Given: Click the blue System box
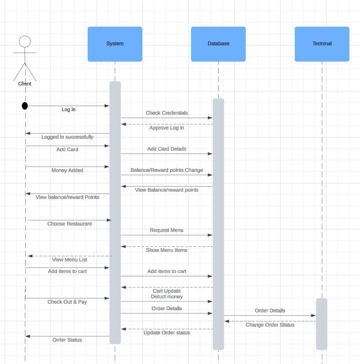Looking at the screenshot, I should pyautogui.click(x=115, y=44).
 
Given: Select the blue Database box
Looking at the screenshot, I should pyautogui.click(x=218, y=44).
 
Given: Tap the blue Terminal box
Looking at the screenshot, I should pyautogui.click(x=322, y=44).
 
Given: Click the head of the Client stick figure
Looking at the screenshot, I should pyautogui.click(x=25, y=42).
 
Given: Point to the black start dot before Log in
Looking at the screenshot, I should pyautogui.click(x=25, y=106).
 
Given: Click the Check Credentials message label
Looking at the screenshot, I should pyautogui.click(x=167, y=113).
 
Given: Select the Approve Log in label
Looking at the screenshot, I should pyautogui.click(x=167, y=128).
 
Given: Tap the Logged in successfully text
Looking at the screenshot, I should pyautogui.click(x=67, y=137).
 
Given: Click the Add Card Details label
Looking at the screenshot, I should pyautogui.click(x=167, y=149).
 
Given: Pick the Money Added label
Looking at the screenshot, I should pyautogui.click(x=67, y=171).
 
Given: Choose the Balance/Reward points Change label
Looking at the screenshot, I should pyautogui.click(x=167, y=170).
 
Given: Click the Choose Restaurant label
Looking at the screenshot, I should pyautogui.click(x=69, y=224).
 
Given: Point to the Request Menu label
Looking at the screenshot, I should pyautogui.click(x=166, y=230).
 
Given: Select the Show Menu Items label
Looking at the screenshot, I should pyautogui.click(x=167, y=250).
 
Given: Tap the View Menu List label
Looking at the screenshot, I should pyautogui.click(x=69, y=260).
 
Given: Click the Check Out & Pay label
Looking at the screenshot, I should pyautogui.click(x=67, y=302).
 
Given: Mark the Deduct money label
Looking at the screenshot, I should pyautogui.click(x=167, y=297).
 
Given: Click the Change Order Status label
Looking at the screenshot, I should pyautogui.click(x=270, y=325).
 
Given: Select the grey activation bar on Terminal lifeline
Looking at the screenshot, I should pyautogui.click(x=321, y=324).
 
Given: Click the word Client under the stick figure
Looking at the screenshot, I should pyautogui.click(x=25, y=84).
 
